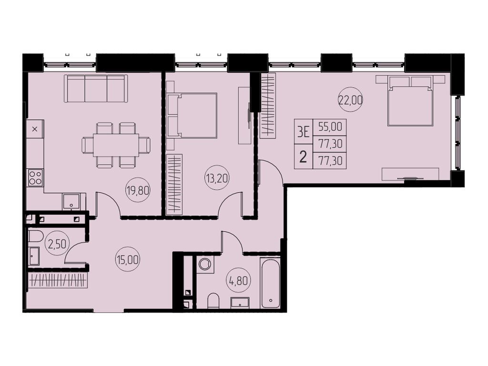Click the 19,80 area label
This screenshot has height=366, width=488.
[x=138, y=192]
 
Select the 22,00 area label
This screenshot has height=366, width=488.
[x=350, y=100]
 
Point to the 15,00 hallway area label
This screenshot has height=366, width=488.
[x=127, y=260]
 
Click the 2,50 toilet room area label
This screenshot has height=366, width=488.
[x=57, y=244]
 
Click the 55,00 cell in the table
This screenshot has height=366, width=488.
[x=329, y=127]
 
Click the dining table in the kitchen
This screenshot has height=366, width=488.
[x=116, y=145]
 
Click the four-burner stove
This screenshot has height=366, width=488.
[x=35, y=177]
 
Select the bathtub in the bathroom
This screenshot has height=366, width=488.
[x=270, y=283]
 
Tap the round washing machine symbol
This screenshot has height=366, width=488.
[x=205, y=264]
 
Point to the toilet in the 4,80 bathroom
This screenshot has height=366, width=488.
[x=213, y=300]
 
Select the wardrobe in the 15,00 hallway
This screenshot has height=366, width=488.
[x=58, y=280]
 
